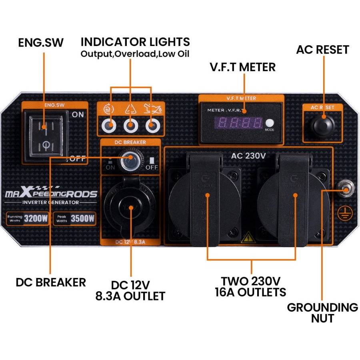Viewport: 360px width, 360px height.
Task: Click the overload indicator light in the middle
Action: (130, 126)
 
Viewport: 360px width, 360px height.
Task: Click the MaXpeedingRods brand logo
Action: (51, 194)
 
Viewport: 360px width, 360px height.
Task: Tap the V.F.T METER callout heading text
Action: (243, 66)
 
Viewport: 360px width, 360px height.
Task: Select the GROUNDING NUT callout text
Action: (322, 313)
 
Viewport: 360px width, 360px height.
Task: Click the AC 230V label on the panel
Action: (248, 155)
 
